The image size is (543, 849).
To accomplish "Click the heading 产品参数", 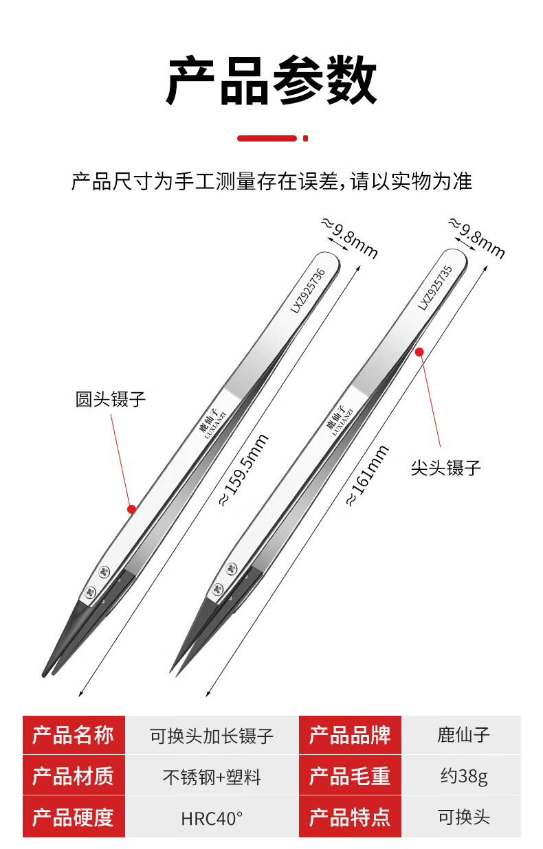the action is coord(271,80).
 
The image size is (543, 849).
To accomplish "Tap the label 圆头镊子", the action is coord(111,399).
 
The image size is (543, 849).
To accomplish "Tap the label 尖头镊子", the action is coord(446,468).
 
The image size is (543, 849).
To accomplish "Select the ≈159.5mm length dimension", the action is coord(244,471).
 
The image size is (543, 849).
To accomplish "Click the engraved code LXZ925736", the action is coord(308,291).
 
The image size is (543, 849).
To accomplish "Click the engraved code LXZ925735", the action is coord(435,288).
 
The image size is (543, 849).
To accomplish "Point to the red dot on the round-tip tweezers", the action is coord(131,509).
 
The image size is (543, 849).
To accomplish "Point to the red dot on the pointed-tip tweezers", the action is coord(419,352).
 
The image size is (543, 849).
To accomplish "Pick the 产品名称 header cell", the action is coord(74,735).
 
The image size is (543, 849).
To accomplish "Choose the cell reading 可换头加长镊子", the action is coord(212,735).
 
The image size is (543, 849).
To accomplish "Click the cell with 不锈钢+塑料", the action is coord(212,776).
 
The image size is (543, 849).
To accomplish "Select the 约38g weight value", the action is coord(463,776).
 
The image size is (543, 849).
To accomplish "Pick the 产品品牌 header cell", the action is coord(350,735).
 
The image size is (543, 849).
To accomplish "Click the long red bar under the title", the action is coord(267,138).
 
